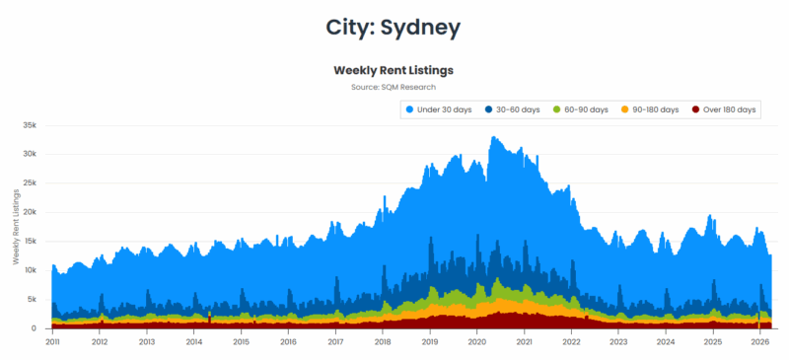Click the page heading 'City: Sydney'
pos(394,28)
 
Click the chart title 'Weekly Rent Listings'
pos(393,70)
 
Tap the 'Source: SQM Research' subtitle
pos(393,88)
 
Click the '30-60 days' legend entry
pos(514,109)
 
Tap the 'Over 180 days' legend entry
pos(725,109)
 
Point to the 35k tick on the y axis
pos(29,125)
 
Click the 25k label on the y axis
pos(29,183)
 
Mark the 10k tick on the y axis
pos(29,270)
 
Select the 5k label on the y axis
pos(31,300)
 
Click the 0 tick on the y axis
pos(34,328)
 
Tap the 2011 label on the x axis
pos(52,342)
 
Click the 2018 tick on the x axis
pos(383,342)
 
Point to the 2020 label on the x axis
pos(477,342)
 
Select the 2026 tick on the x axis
pos(759,342)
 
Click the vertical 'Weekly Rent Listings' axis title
pos(16,227)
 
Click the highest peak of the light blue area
pos(493,137)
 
